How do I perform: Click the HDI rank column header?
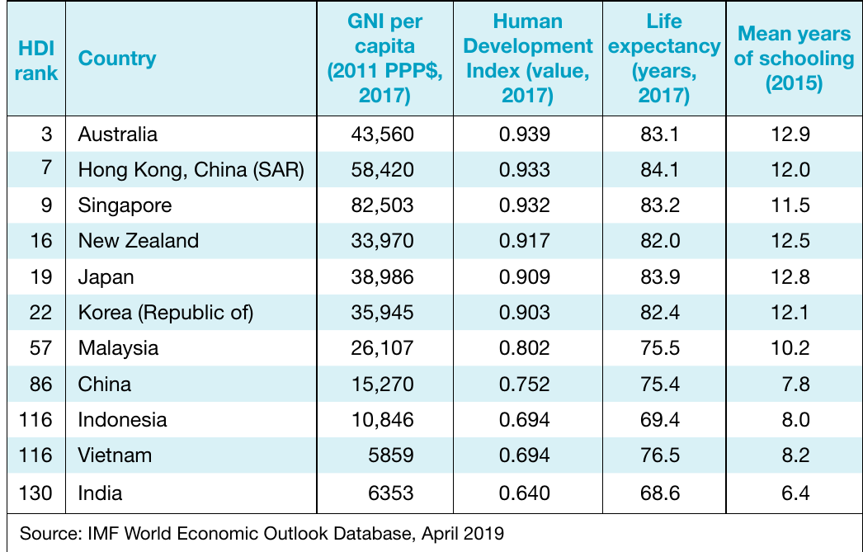pyautogui.click(x=36, y=60)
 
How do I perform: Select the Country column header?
pyautogui.click(x=117, y=59)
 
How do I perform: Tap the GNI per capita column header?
pyautogui.click(x=384, y=59)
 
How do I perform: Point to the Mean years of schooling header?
pyautogui.click(x=795, y=59)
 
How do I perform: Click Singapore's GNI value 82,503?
pyautogui.click(x=383, y=205)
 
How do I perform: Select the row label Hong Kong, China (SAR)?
pyautogui.click(x=191, y=170)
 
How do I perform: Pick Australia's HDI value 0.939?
pyautogui.click(x=525, y=134)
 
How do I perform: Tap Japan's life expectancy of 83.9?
pyautogui.click(x=661, y=277)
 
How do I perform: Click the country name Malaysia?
pyautogui.click(x=118, y=348)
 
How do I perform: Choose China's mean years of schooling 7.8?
pyautogui.click(x=796, y=385)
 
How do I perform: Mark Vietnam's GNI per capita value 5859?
pyautogui.click(x=391, y=455)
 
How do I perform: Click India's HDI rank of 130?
pyautogui.click(x=35, y=493)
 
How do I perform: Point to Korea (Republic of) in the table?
pyautogui.click(x=166, y=313)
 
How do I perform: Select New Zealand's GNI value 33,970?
pyautogui.click(x=383, y=241)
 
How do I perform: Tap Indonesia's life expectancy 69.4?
pyautogui.click(x=661, y=420)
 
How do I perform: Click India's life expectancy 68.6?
pyautogui.click(x=661, y=493)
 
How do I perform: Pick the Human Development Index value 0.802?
pyautogui.click(x=525, y=348)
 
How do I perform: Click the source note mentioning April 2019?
pyautogui.click(x=262, y=533)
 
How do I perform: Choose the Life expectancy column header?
pyautogui.click(x=664, y=59)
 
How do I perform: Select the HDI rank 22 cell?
pyautogui.click(x=40, y=313)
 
